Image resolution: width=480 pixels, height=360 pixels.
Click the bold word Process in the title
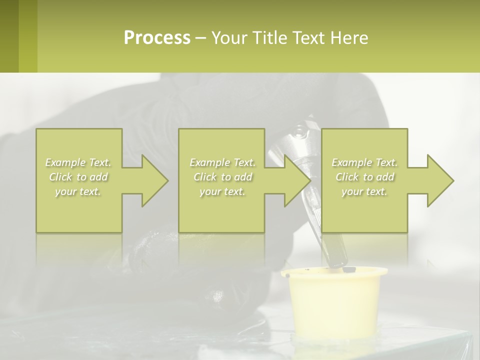157,38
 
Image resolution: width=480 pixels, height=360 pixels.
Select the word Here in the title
349,38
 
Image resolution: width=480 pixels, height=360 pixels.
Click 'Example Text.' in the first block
78,162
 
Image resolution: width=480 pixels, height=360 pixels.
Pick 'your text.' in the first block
78,191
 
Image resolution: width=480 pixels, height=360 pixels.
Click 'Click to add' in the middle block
222,177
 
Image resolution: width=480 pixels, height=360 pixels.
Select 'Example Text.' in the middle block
222,162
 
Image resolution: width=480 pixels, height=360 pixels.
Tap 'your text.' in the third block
364,191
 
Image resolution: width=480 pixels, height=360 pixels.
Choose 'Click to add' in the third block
364,177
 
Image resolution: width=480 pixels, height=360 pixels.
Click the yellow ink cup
334,305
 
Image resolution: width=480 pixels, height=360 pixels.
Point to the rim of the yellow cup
334,272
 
